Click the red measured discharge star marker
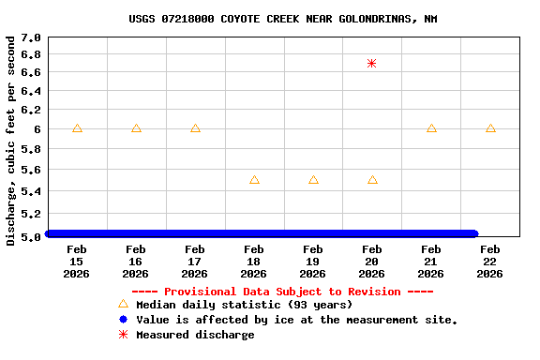[372, 64]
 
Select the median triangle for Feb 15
[77, 128]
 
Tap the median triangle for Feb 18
[254, 179]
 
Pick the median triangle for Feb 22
[490, 128]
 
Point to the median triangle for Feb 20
[372, 179]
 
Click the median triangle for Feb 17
[195, 128]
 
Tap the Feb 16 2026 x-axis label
[136, 262]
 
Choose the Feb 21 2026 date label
[431, 262]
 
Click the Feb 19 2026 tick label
[313, 262]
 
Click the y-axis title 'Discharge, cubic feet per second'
[11, 141]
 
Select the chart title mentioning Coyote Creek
[282, 19]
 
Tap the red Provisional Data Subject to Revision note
[282, 292]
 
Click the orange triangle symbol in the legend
[123, 305]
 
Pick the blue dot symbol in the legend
[123, 320]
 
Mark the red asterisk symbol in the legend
[123, 335]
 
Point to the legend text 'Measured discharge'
[195, 335]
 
